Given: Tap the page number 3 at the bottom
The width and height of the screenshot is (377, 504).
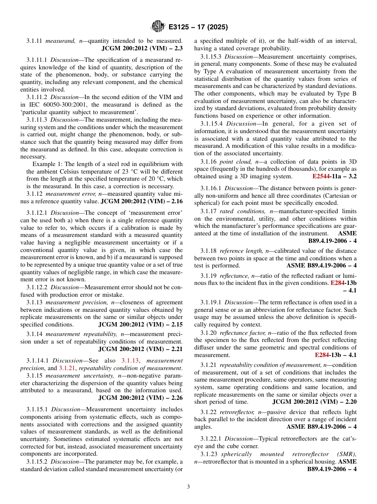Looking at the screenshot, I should (x=188, y=487).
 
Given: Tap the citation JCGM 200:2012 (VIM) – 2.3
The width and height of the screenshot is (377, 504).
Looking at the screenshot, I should (x=142, y=48).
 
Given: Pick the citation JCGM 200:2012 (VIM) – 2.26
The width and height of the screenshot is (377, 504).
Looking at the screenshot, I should (x=140, y=398).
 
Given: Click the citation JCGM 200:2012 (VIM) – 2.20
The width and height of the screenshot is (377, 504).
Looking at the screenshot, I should (x=314, y=402).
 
